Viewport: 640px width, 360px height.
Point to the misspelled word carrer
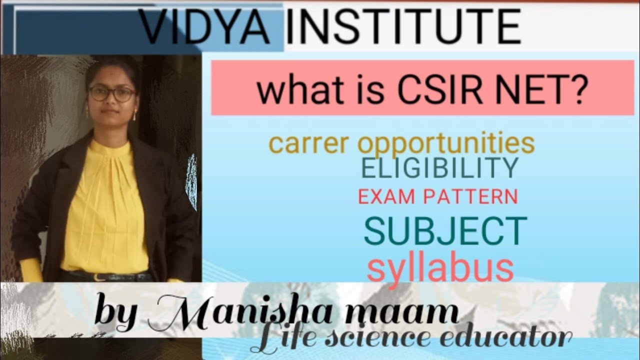(310, 143)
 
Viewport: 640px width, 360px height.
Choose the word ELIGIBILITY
(439, 168)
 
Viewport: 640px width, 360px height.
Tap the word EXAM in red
(387, 197)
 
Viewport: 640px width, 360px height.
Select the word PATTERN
(470, 197)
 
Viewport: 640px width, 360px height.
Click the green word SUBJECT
(445, 231)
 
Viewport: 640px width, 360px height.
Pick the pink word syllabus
(440, 269)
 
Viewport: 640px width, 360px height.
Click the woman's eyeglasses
(111, 93)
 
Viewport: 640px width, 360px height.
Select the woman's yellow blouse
(105, 210)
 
